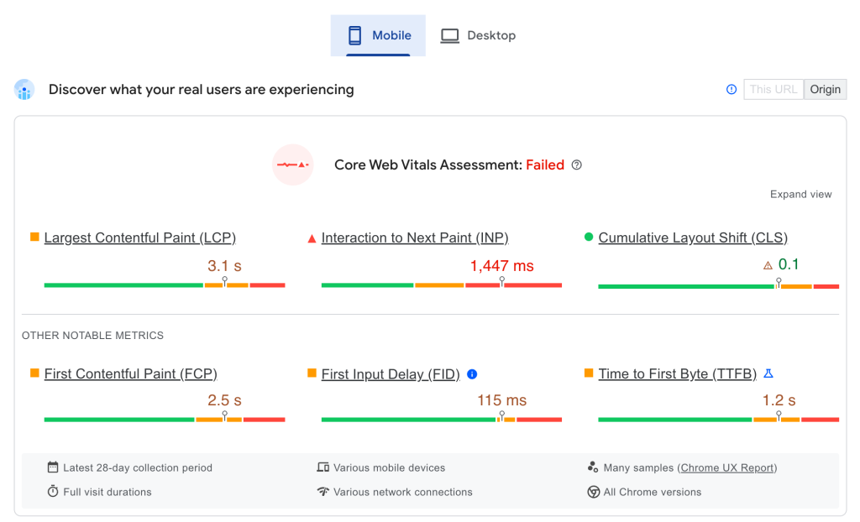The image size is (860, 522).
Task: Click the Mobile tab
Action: click(378, 35)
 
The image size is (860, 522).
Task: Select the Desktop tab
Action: click(478, 35)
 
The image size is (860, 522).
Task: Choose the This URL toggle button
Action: click(773, 90)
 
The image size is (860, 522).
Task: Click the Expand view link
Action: click(800, 194)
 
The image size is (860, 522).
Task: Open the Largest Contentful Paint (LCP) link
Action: click(139, 238)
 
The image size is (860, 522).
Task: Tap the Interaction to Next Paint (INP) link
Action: click(415, 238)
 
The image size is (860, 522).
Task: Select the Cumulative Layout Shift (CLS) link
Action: click(693, 238)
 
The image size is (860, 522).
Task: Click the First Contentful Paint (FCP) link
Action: click(130, 374)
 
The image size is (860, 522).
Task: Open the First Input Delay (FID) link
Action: click(391, 374)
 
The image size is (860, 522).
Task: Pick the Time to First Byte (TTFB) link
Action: click(677, 374)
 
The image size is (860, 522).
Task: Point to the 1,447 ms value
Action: click(501, 266)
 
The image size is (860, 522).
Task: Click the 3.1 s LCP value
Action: click(224, 266)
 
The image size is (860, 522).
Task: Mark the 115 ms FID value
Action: click(501, 400)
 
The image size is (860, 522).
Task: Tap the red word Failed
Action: click(545, 165)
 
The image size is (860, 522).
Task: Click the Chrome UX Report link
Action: click(727, 468)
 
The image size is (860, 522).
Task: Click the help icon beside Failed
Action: click(576, 165)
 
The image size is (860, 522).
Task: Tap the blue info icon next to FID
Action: click(472, 374)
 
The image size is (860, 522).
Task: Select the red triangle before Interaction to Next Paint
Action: click(312, 238)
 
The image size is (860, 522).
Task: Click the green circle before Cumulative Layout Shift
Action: click(589, 238)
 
